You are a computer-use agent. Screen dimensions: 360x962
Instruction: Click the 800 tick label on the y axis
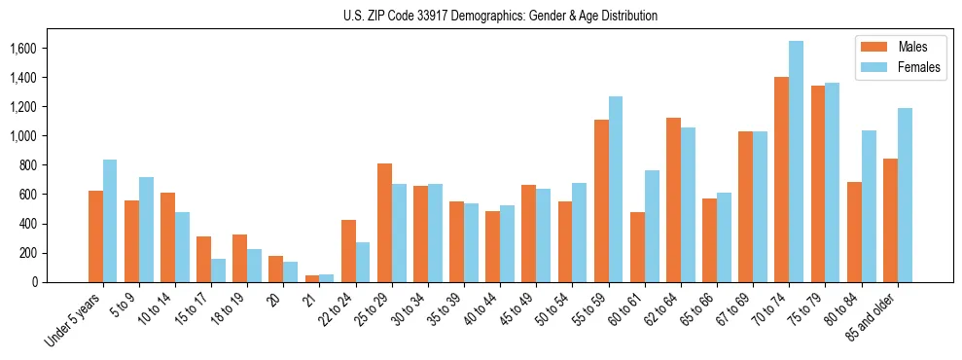26,165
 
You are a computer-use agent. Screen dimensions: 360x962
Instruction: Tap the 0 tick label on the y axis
34,282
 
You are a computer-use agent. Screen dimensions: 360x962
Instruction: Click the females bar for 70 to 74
796,162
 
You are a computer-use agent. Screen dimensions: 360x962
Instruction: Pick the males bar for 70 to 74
781,180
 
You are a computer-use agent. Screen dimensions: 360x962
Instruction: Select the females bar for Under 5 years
110,221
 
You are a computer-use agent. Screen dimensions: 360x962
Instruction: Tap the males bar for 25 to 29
384,223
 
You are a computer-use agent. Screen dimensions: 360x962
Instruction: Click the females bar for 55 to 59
616,190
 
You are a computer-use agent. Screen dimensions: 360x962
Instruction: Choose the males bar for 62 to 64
673,200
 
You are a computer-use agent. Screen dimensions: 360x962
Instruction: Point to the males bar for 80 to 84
854,233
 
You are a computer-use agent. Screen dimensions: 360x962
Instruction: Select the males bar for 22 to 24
348,251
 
